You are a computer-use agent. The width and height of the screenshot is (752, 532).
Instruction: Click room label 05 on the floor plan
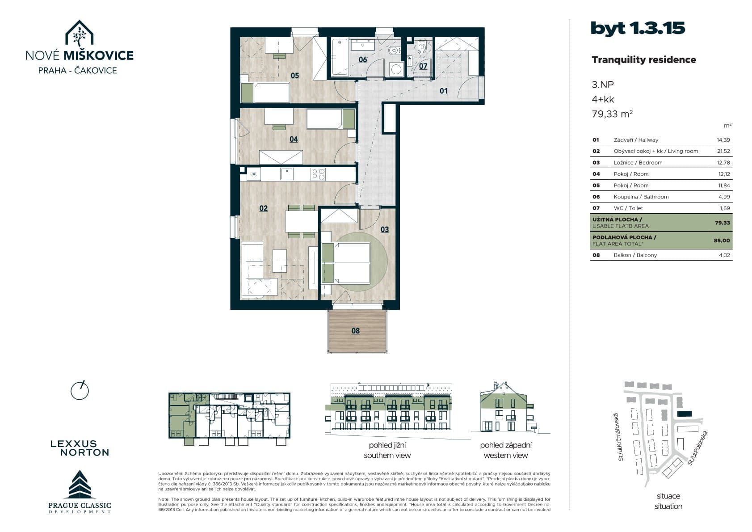tap(295, 76)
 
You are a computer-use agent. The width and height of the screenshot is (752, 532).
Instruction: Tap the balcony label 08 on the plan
tap(356, 331)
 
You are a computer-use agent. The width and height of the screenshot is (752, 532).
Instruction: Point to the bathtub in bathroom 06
tap(340, 57)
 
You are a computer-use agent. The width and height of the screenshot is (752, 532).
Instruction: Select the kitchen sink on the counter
tap(287, 174)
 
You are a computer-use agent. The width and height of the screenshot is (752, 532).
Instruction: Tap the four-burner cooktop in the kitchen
tap(318, 174)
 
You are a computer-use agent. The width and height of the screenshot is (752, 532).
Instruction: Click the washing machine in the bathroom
tap(396, 69)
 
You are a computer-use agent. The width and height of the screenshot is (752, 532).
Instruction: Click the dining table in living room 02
tap(301, 221)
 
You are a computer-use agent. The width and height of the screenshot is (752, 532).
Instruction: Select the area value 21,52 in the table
tap(723, 151)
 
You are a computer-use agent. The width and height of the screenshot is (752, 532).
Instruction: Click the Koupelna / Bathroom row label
tap(641, 197)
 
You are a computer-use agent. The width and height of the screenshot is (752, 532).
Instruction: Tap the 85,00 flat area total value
tap(722, 241)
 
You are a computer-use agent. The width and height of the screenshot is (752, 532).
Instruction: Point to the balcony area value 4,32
tap(724, 255)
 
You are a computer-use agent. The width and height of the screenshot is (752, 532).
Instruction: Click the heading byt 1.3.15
tap(638, 28)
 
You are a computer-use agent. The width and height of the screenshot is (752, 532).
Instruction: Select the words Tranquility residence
tap(643, 60)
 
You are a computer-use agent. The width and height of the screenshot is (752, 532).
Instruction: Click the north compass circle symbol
tap(80, 390)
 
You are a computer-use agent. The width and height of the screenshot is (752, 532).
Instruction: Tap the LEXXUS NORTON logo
tap(80, 448)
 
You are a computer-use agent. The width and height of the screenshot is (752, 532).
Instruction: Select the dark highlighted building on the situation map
tap(685, 414)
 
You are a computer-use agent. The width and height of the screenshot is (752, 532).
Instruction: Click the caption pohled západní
tap(506, 445)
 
